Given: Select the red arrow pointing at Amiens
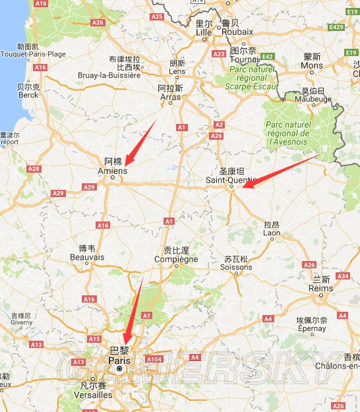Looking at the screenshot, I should click(x=140, y=142).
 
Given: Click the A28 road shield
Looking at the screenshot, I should click(x=34, y=169).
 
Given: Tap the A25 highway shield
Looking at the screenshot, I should click(x=157, y=16).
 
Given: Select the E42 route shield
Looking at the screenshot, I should click(x=268, y=57).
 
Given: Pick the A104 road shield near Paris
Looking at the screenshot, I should click(x=154, y=359).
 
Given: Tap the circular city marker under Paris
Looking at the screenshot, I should click(x=119, y=369).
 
